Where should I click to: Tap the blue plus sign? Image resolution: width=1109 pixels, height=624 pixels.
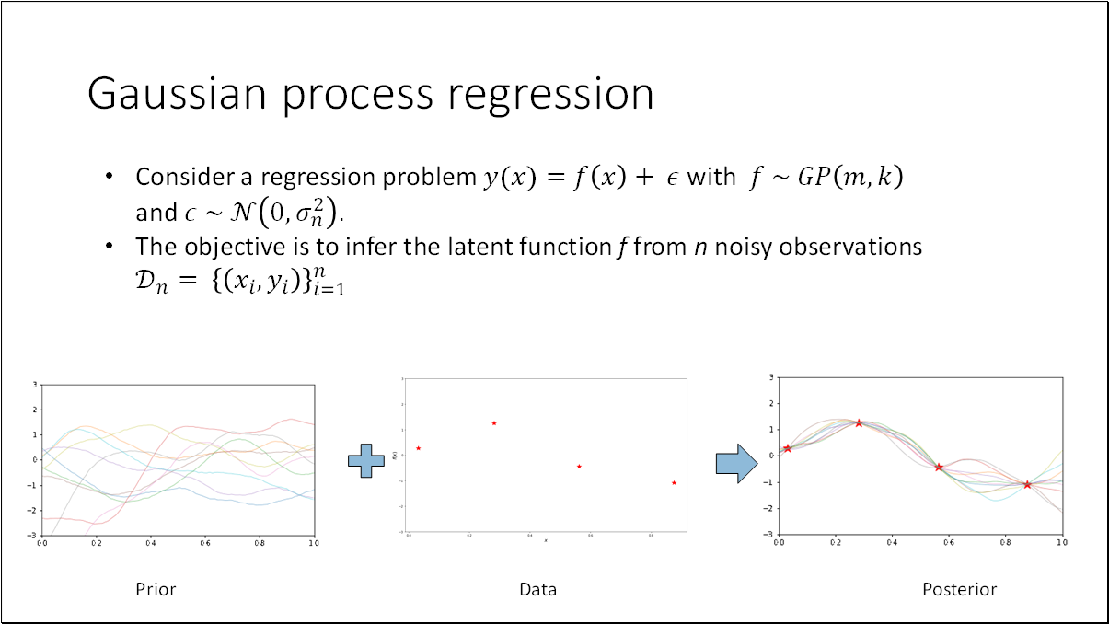(365, 460)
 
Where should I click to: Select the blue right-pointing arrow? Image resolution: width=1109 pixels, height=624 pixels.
(736, 462)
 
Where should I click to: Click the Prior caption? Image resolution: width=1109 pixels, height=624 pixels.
(156, 589)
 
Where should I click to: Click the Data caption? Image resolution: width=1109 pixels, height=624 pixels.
(537, 589)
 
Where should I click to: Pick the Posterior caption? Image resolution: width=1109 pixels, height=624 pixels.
(959, 589)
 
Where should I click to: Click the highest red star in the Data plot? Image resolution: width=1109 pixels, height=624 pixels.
(494, 423)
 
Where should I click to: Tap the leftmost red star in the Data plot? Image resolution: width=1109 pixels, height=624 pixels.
(418, 448)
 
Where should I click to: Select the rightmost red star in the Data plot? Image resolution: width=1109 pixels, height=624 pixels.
(674, 482)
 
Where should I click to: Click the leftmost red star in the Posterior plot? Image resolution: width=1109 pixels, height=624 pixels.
(787, 448)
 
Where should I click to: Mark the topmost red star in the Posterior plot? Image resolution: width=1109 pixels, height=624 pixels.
(859, 423)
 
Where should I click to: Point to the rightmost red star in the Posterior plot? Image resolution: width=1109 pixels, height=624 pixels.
(1027, 484)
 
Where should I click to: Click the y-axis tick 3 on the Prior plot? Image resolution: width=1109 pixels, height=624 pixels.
(34, 385)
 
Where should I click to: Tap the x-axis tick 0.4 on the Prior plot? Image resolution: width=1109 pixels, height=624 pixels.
(151, 544)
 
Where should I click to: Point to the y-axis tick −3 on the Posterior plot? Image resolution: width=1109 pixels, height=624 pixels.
(771, 535)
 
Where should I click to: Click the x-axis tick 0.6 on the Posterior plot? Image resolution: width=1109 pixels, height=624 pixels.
(949, 543)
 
